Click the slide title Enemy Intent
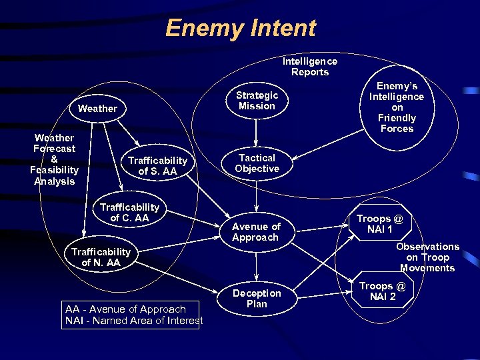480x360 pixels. [x=240, y=28]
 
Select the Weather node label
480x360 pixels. [x=97, y=108]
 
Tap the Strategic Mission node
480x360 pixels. [x=257, y=101]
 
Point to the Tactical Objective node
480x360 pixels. [x=257, y=163]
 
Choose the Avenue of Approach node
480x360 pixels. [x=256, y=232]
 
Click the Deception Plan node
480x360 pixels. [x=257, y=299]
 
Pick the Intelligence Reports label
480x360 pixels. [x=310, y=67]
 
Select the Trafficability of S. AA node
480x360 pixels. [x=157, y=166]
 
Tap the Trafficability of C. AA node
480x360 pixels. [x=129, y=212]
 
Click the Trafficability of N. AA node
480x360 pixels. [x=101, y=257]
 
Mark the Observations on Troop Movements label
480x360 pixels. [x=427, y=257]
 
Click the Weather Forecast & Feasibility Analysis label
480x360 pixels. [x=54, y=159]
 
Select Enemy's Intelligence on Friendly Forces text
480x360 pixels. [x=397, y=107]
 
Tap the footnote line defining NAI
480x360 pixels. [x=134, y=322]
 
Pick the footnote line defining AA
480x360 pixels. [x=125, y=309]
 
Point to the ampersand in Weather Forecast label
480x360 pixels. [x=54, y=160]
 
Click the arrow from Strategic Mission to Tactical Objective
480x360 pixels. [x=257, y=131]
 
